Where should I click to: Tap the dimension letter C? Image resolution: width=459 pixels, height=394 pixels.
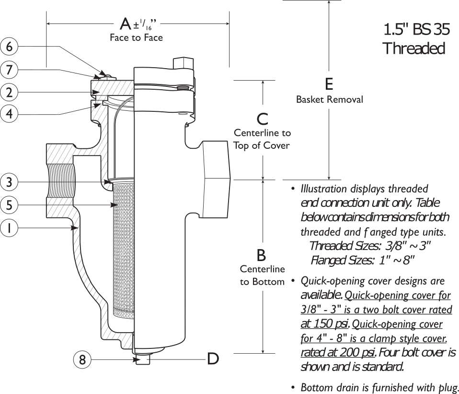pos(262,118)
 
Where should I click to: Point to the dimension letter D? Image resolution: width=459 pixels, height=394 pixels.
pos(213,358)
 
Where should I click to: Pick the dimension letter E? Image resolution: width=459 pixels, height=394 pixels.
pos(329,84)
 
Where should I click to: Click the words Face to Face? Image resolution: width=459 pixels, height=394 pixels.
pos(137,38)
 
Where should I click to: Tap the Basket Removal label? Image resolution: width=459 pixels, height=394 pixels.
pos(329,100)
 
